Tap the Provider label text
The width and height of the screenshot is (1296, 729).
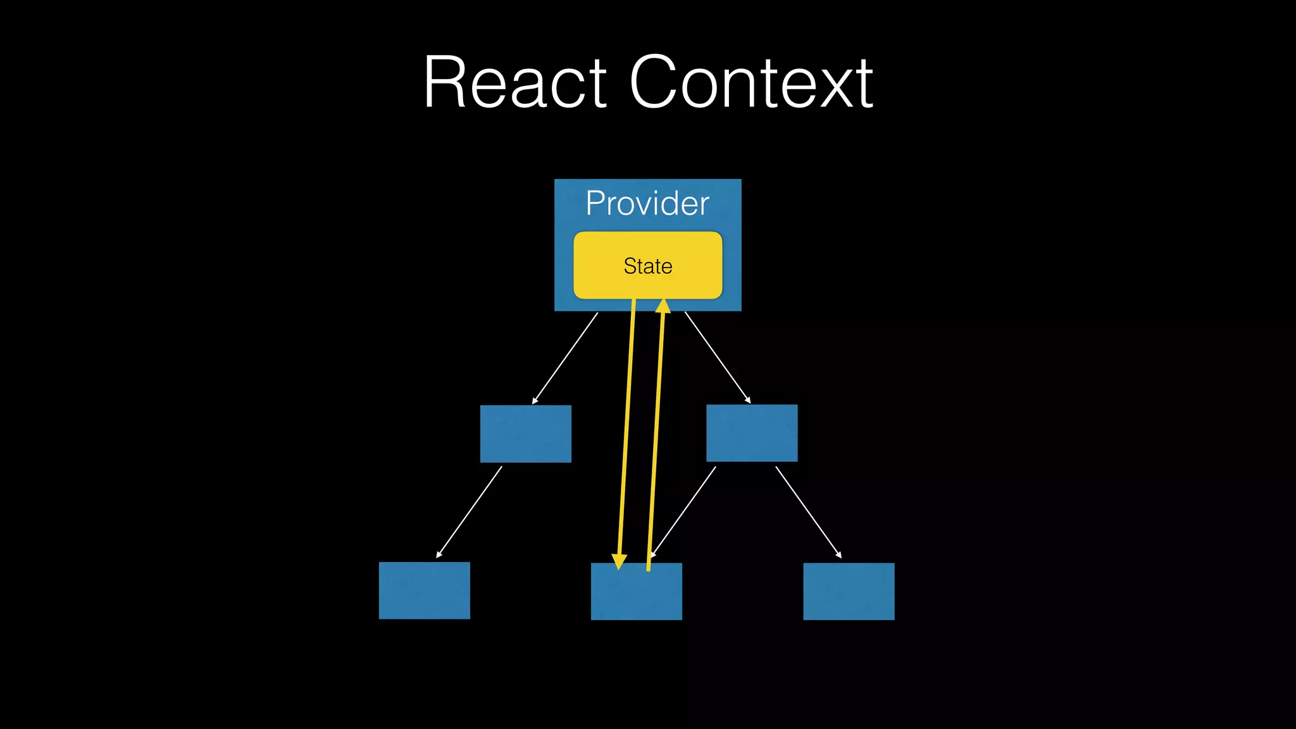647,203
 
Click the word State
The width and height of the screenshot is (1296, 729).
647,266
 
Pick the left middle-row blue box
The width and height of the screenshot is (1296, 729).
525,433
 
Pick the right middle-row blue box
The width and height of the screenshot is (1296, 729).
752,433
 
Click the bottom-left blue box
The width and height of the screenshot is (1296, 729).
424,590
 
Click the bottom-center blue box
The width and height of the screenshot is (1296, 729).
636,595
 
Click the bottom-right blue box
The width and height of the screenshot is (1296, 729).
849,591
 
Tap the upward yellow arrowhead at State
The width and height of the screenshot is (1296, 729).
663,306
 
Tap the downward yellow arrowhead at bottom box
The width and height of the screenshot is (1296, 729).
620,561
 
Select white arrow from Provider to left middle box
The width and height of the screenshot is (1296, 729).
565,358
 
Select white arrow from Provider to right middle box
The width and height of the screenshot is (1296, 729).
718,358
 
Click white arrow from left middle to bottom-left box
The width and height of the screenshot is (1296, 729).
469,513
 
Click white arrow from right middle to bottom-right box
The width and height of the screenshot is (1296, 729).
809,513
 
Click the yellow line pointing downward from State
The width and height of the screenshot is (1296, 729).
626,430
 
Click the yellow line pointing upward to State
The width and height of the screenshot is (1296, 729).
656,437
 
